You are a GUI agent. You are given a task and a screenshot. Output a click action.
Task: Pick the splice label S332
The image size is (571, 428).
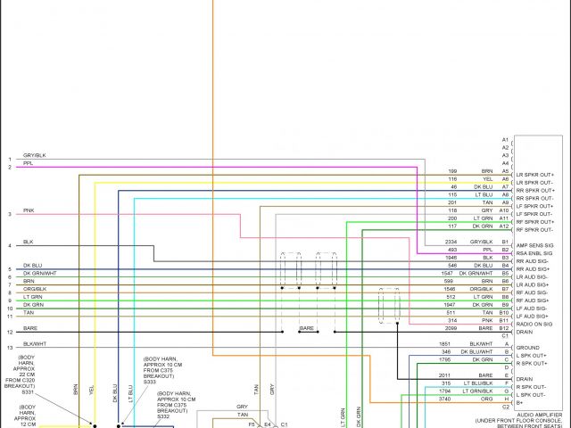(x=162, y=416)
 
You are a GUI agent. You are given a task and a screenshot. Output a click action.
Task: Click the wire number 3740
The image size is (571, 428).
(x=445, y=399)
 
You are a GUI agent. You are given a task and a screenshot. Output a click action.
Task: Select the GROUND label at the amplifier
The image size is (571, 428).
(x=528, y=347)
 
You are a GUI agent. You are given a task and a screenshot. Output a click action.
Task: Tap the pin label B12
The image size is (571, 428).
(x=504, y=328)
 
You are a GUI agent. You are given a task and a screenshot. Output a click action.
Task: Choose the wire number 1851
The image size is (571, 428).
(x=445, y=343)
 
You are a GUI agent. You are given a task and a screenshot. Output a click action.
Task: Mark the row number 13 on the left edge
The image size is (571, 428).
(x=10, y=347)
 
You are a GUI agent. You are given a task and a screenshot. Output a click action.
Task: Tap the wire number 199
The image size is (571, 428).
(x=452, y=170)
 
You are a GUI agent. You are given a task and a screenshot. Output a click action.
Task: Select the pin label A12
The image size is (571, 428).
(x=504, y=226)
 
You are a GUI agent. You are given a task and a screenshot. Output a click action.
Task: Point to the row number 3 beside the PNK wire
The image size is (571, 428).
(x=10, y=214)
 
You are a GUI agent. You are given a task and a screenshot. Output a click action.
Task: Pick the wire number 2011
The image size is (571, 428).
(x=445, y=375)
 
